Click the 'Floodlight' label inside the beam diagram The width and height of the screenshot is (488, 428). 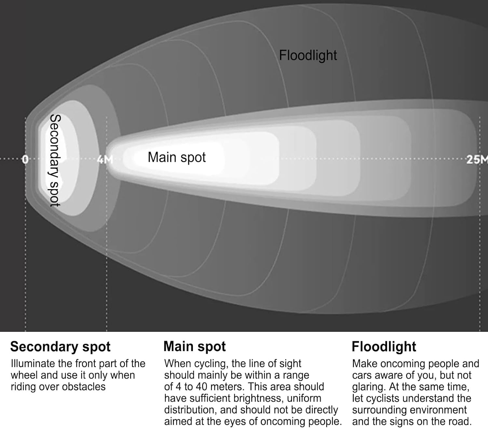pyautogui.click(x=308, y=56)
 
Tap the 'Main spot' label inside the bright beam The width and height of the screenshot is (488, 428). pyautogui.click(x=177, y=158)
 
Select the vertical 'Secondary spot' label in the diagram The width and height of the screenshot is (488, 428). pyautogui.click(x=55, y=160)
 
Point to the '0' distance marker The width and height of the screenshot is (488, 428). pyautogui.click(x=25, y=159)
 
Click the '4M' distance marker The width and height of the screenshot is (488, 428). pyautogui.click(x=105, y=159)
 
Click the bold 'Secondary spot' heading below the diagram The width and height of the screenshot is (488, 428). pyautogui.click(x=60, y=347)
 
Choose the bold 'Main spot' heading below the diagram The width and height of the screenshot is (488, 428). pyautogui.click(x=195, y=347)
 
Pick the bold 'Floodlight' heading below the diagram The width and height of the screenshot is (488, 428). pyautogui.click(x=384, y=347)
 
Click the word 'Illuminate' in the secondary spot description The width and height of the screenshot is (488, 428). pyautogui.click(x=33, y=364)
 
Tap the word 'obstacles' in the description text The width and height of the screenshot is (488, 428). pyautogui.click(x=84, y=387)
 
